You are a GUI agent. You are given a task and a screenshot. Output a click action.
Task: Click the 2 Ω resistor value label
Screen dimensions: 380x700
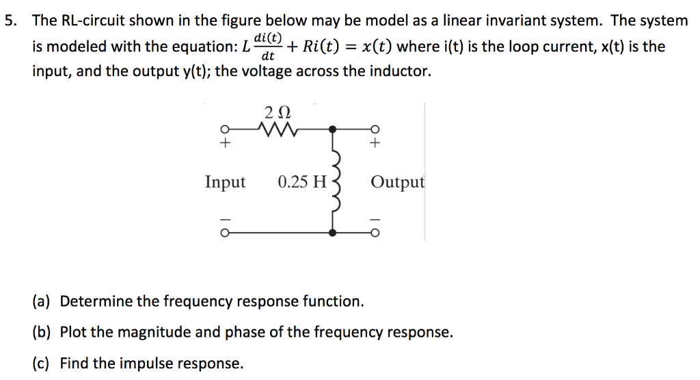[270, 111]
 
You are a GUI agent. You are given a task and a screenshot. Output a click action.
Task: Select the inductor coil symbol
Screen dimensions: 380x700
[334, 181]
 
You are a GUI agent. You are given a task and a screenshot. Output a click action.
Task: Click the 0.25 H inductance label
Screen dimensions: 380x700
[302, 182]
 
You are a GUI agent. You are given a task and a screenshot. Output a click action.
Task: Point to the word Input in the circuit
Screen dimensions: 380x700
[225, 182]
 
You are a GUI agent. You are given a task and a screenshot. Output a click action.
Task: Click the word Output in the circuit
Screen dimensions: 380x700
[397, 182]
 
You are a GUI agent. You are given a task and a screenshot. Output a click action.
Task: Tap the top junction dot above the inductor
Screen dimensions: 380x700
[333, 128]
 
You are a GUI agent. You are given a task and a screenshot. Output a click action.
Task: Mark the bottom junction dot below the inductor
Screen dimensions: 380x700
[333, 233]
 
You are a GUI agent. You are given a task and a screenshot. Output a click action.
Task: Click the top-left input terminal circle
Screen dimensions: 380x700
[224, 129]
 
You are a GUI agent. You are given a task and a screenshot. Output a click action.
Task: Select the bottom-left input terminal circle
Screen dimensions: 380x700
[224, 233]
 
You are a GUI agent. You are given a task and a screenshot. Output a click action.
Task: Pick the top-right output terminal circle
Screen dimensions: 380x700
[374, 129]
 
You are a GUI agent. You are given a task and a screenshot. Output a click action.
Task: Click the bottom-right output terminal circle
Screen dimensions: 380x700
[374, 233]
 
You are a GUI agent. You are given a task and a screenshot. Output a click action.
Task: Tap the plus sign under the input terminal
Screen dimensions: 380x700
[224, 143]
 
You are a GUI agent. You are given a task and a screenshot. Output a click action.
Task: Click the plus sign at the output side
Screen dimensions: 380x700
[374, 143]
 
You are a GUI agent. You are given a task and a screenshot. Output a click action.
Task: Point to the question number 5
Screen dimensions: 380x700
[10, 21]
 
